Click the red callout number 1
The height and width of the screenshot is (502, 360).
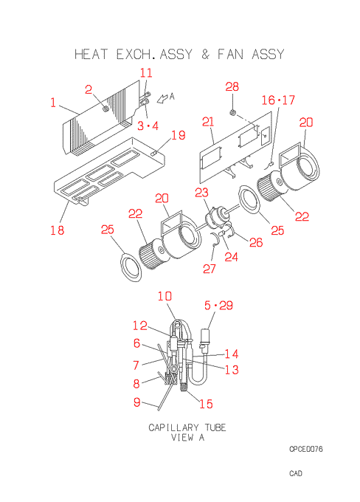tap(53, 103)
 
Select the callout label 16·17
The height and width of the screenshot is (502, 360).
tap(278, 100)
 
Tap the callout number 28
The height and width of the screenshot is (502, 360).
tap(232, 86)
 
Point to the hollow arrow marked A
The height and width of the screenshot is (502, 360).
tap(162, 98)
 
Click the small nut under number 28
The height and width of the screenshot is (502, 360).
tap(233, 112)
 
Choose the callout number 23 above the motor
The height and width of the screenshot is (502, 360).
tap(201, 193)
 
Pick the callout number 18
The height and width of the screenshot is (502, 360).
tap(58, 230)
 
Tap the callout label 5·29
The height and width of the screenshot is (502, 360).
tap(218, 305)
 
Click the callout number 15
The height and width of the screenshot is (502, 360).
tap(206, 403)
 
